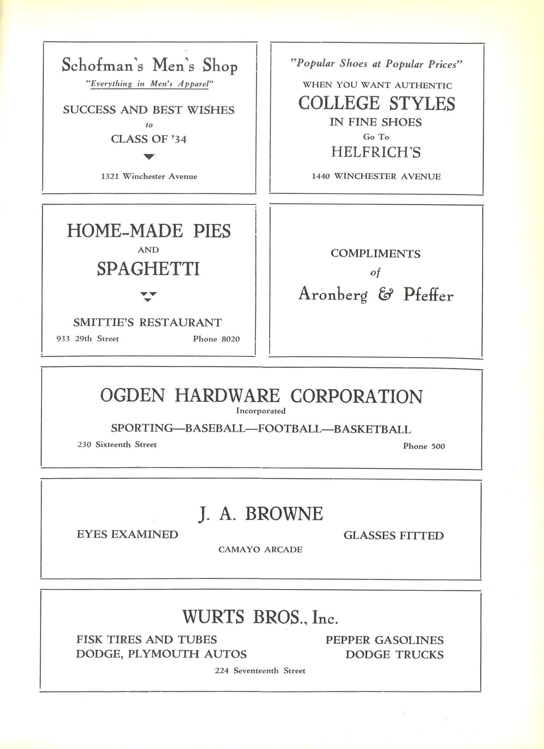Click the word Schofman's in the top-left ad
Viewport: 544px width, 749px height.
pyautogui.click(x=102, y=65)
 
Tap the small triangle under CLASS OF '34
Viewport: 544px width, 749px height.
pyautogui.click(x=149, y=156)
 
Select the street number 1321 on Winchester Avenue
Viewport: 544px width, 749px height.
pyautogui.click(x=110, y=176)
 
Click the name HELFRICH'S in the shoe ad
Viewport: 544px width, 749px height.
pyautogui.click(x=376, y=152)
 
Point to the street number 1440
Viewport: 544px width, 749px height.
pyautogui.click(x=321, y=176)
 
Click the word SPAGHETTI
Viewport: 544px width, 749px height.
pyautogui.click(x=148, y=269)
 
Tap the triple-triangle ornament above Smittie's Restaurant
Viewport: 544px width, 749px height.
pyautogui.click(x=148, y=296)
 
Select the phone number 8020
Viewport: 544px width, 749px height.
pyautogui.click(x=230, y=339)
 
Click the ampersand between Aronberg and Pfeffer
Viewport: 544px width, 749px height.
pyautogui.click(x=386, y=295)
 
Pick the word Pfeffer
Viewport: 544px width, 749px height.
pyautogui.click(x=428, y=295)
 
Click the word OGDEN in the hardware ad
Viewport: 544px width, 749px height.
pyautogui.click(x=133, y=395)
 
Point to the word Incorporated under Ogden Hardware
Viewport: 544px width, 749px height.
pyautogui.click(x=260, y=411)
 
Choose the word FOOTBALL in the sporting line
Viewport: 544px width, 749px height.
pyautogui.click(x=290, y=428)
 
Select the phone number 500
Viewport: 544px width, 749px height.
pyautogui.click(x=438, y=446)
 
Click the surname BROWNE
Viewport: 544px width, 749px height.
pyautogui.click(x=284, y=514)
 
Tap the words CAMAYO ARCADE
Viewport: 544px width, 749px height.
pyautogui.click(x=260, y=549)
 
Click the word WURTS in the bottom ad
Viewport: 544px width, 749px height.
pyautogui.click(x=213, y=617)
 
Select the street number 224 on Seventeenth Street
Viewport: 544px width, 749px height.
pyautogui.click(x=222, y=671)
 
